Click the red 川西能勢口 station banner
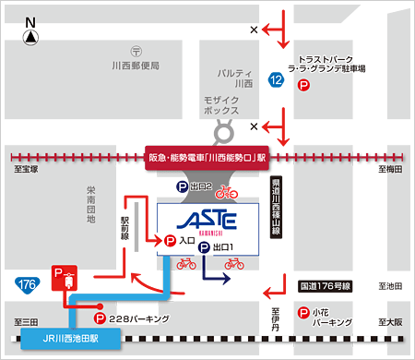(207, 158)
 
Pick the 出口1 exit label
(224, 247)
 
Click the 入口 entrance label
(184, 241)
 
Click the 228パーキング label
(139, 318)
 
